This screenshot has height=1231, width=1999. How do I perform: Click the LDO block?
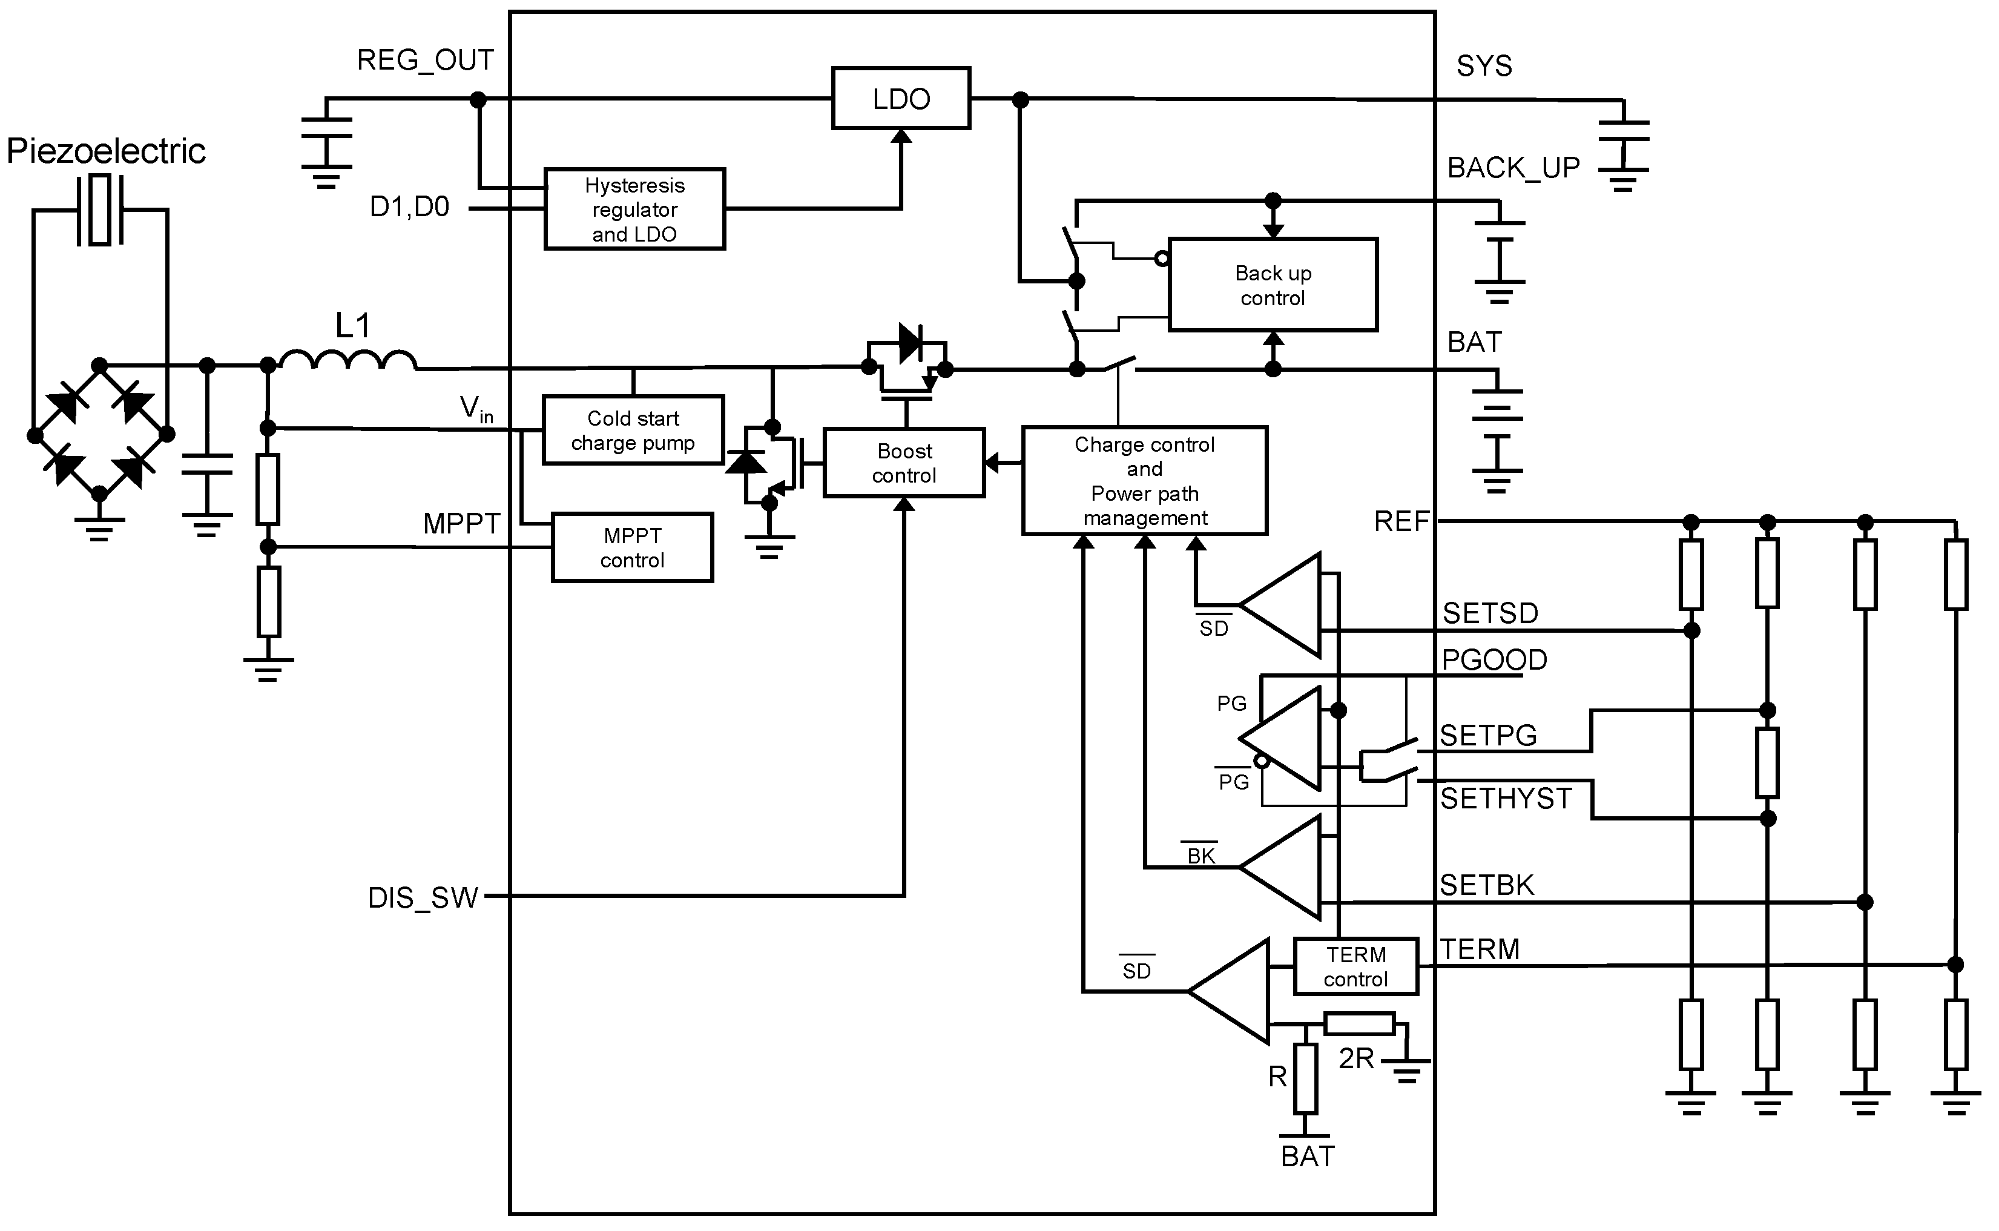[901, 99]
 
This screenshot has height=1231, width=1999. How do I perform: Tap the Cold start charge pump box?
[633, 430]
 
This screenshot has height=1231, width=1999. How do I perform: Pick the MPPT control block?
[633, 547]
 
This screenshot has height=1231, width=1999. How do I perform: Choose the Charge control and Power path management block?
[1144, 480]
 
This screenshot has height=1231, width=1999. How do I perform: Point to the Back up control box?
[1273, 285]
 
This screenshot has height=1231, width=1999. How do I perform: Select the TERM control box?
[1355, 966]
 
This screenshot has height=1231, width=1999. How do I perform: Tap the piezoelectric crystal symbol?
[100, 210]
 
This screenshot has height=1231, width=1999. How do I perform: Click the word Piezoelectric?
[106, 151]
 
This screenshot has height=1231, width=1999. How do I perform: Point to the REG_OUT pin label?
[425, 60]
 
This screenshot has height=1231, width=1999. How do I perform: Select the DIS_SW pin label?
[423, 898]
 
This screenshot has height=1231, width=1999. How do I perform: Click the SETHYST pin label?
[1506, 799]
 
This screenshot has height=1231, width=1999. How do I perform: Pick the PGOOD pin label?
[1494, 659]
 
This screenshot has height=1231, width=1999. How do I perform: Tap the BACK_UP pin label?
[1513, 168]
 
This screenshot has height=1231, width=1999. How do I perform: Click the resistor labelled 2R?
[1358, 1023]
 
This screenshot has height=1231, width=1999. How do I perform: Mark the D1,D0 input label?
[409, 208]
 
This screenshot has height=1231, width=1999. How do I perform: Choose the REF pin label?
[1401, 522]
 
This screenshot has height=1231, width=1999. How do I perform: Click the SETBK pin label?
[1486, 885]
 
